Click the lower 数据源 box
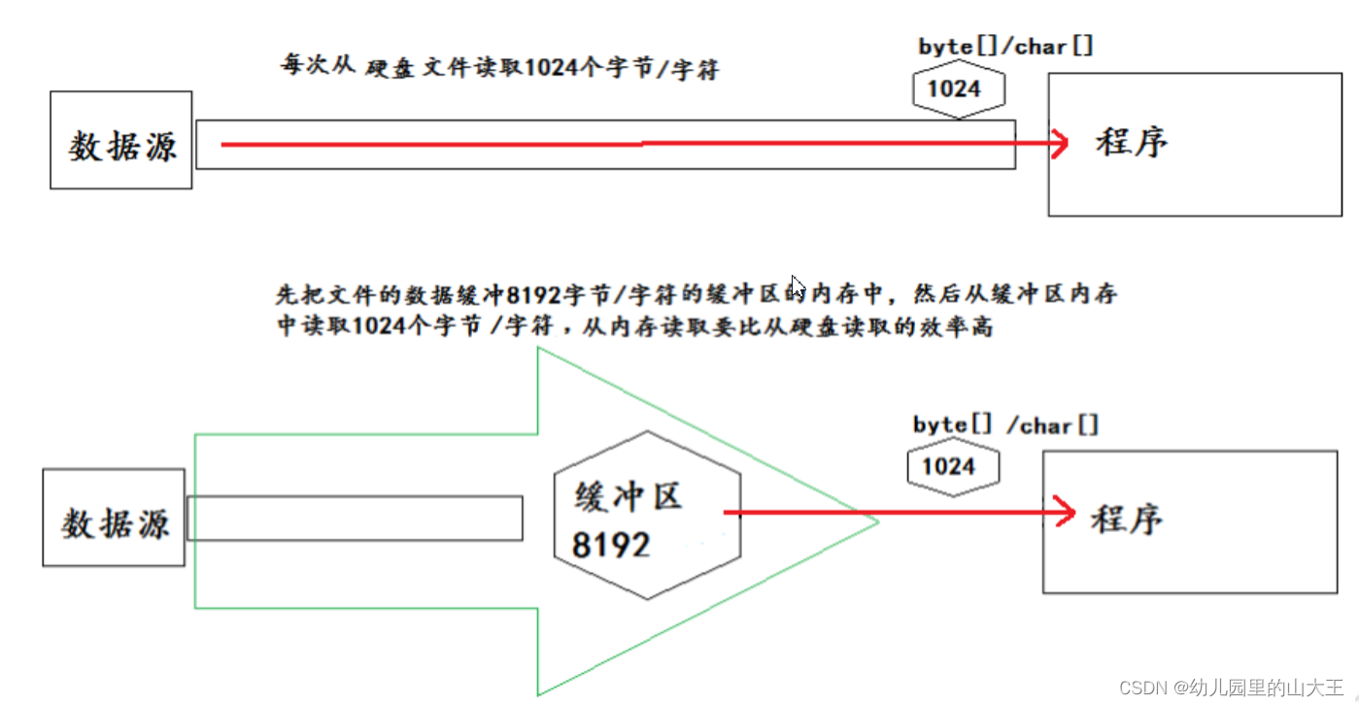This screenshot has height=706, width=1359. pos(114,518)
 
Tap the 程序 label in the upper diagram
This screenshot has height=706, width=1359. pos(1131,143)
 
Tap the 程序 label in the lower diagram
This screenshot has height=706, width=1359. pos(1127,519)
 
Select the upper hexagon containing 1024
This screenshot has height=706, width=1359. pos(958,89)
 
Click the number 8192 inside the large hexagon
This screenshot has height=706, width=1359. pos(610,545)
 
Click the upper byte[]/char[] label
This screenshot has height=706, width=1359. pos(1005,47)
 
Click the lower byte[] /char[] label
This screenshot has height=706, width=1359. pos(1005,425)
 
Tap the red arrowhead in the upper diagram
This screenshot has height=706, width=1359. pos(1058,144)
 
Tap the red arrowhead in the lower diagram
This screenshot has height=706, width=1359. pos(1064,512)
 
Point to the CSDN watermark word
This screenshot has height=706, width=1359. pos(1142,689)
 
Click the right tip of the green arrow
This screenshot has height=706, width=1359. pos(876,521)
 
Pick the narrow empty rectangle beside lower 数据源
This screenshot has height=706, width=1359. pos(354,518)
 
